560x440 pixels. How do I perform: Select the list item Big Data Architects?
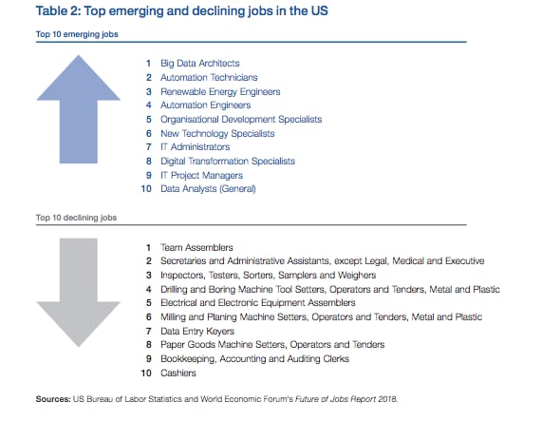click(200, 64)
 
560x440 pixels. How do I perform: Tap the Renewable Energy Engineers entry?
click(220, 92)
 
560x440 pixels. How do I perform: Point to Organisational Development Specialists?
click(241, 119)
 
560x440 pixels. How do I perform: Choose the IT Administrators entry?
click(195, 146)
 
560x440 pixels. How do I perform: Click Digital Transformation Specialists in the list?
click(228, 161)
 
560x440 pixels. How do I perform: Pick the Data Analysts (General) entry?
click(208, 188)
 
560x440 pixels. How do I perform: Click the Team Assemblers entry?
click(196, 247)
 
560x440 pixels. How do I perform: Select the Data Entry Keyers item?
click(197, 332)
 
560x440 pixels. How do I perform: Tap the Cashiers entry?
click(178, 373)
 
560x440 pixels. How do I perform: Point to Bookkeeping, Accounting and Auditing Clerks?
click(255, 359)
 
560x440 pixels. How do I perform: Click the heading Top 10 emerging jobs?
click(77, 34)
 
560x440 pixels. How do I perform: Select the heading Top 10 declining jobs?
click(76, 218)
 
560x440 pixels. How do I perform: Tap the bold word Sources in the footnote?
click(53, 399)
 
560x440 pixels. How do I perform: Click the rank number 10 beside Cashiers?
click(146, 373)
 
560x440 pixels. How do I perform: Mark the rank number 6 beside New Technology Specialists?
click(149, 133)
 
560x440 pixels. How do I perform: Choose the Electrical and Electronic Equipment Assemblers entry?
click(258, 303)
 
